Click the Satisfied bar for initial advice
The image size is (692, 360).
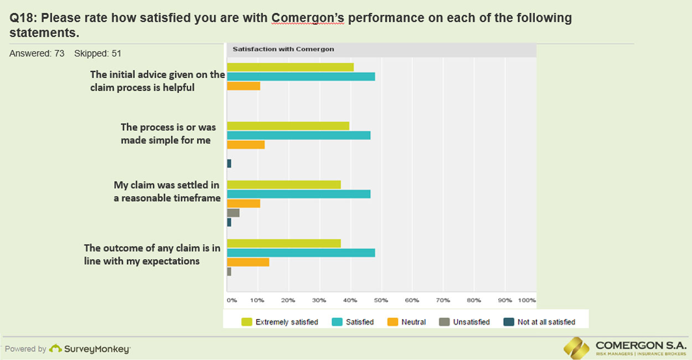(x=301, y=76)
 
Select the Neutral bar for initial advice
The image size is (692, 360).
(x=244, y=86)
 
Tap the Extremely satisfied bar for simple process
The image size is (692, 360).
(x=288, y=126)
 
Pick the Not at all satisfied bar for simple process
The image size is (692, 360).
(x=229, y=163)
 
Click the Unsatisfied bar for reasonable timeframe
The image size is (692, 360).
(x=233, y=213)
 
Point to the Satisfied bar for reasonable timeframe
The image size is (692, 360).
(x=298, y=194)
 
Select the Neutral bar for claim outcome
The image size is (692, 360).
(x=248, y=262)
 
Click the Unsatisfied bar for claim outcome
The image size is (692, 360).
(x=229, y=271)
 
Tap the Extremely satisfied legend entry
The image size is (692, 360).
(x=280, y=322)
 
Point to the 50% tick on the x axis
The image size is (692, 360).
(x=381, y=300)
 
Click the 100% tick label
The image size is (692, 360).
(x=527, y=300)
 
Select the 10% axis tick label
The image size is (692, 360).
(x=257, y=300)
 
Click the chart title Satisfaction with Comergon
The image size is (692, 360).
(x=283, y=49)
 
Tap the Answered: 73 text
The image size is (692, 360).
(x=37, y=54)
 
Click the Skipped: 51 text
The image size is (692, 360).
(x=97, y=54)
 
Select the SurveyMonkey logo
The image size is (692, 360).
(x=90, y=349)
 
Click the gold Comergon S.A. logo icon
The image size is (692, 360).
(x=577, y=347)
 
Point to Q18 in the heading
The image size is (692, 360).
(x=21, y=18)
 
